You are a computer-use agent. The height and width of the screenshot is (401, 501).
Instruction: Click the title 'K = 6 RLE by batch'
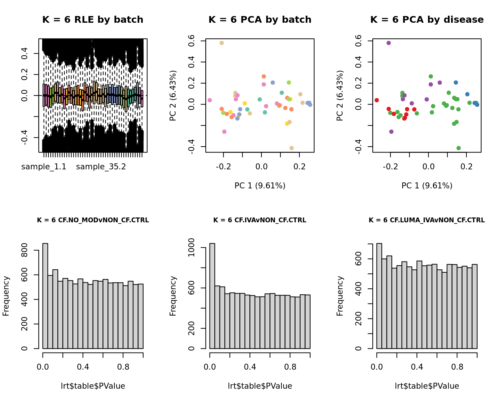[92, 20]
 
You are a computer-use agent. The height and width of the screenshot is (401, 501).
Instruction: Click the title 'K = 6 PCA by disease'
[427, 20]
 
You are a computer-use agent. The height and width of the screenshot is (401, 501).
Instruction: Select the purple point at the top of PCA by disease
[388, 43]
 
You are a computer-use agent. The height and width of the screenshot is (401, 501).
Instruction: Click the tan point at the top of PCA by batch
[221, 43]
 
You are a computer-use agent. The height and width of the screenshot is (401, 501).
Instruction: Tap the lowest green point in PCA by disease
[459, 148]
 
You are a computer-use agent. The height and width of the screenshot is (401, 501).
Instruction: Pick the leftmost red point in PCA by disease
[376, 100]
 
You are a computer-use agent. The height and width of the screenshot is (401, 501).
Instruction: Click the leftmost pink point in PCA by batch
[209, 100]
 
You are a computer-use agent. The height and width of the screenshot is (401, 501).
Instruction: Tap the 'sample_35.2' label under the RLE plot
[101, 167]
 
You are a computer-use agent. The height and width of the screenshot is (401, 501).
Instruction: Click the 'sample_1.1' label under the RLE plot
[44, 167]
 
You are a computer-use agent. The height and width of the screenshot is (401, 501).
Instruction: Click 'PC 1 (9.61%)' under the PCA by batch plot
[260, 185]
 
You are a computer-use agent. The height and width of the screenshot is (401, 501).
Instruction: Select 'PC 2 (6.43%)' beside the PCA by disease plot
[340, 95]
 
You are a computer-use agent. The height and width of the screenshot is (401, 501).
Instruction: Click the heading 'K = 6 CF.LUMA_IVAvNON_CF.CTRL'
[426, 220]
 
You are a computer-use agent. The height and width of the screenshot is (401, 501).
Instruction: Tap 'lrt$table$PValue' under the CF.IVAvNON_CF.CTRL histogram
[260, 386]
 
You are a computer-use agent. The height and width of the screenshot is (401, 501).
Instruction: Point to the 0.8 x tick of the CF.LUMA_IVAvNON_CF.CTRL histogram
[457, 367]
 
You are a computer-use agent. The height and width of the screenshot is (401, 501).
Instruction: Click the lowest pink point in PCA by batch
[224, 132]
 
